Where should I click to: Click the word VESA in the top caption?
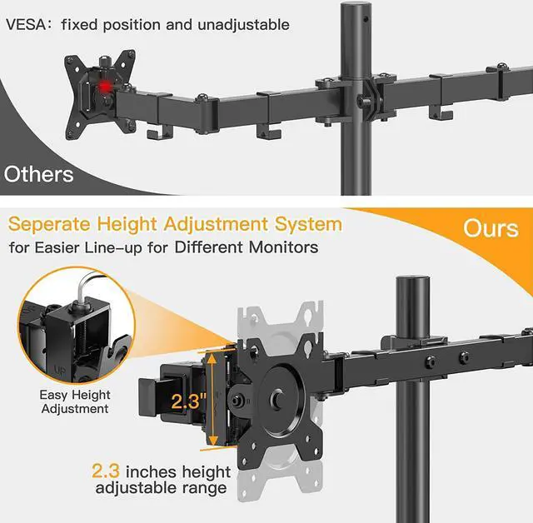[27, 25]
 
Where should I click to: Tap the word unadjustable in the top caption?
[243, 26]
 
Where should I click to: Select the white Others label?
[39, 174]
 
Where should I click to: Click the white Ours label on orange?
[491, 228]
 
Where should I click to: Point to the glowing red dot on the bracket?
[106, 87]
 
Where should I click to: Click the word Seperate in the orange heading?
[49, 226]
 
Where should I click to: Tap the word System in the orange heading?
[308, 224]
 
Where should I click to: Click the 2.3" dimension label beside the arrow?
[189, 401]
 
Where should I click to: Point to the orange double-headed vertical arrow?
[212, 399]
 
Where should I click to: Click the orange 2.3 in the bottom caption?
[106, 471]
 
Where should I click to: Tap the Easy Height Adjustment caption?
[75, 401]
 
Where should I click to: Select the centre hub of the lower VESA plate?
[276, 399]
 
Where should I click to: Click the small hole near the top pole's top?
[366, 19]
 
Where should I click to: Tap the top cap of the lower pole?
[413, 280]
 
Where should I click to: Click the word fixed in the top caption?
[80, 25]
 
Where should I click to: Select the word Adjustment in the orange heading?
[217, 226]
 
